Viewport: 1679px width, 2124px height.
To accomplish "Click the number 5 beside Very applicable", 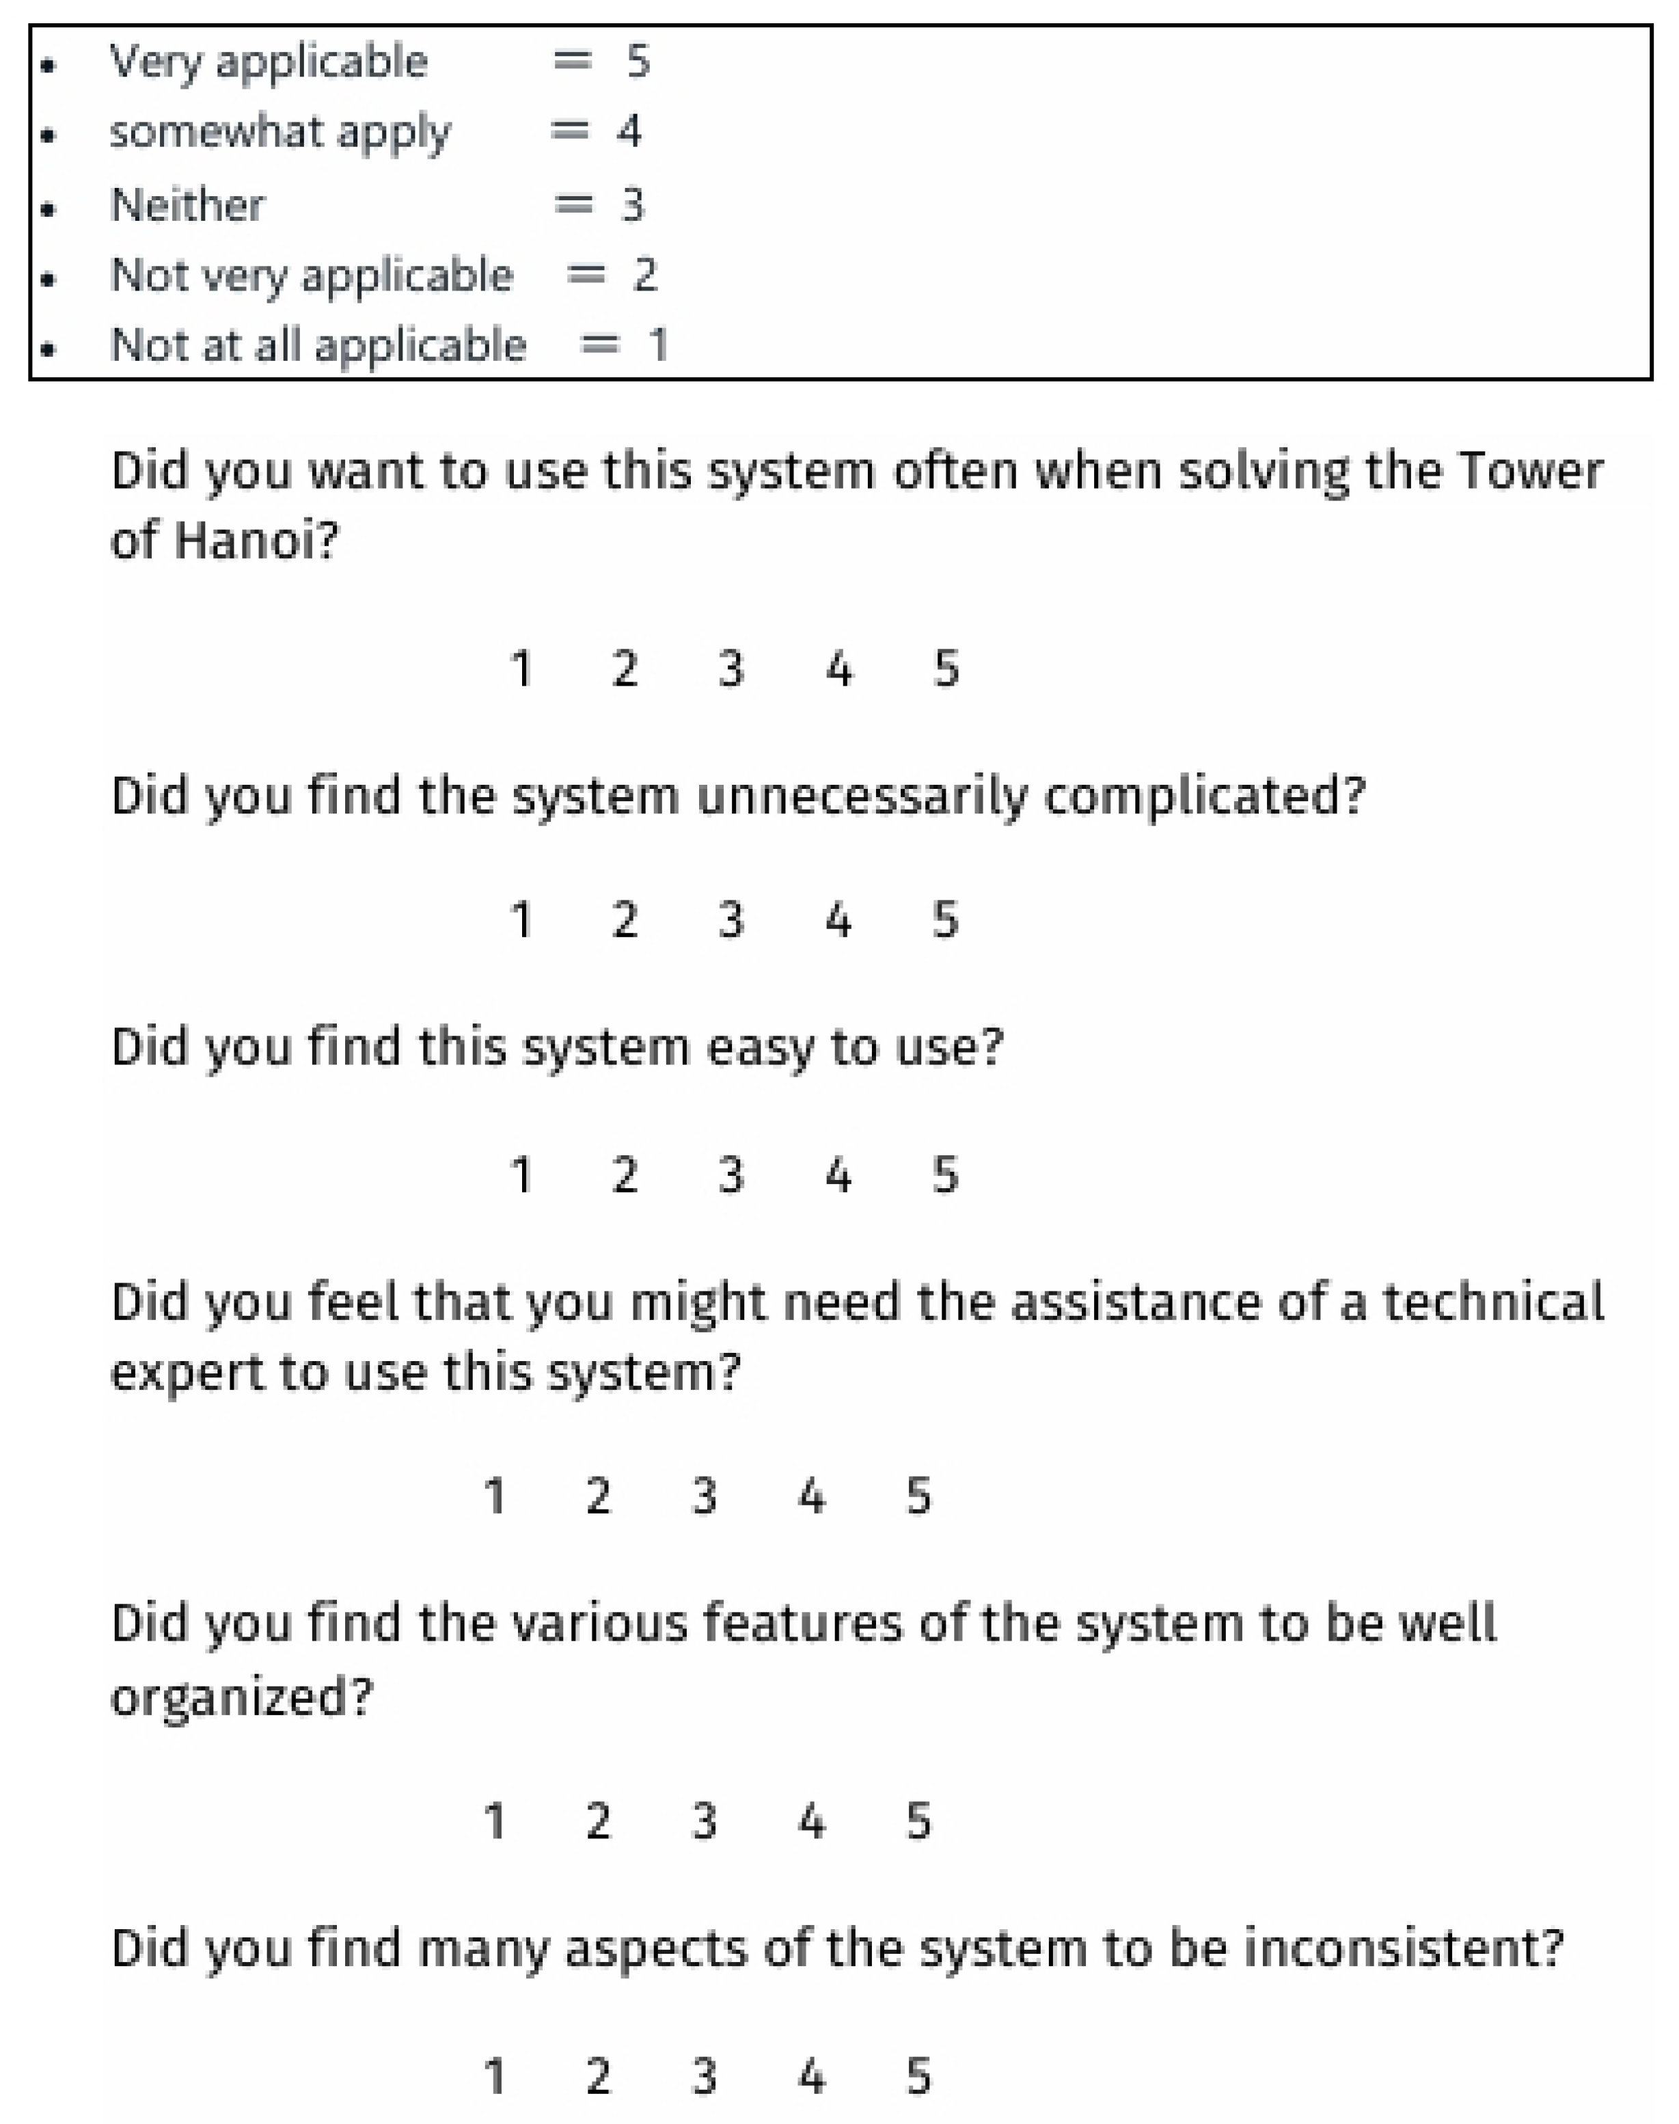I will coord(638,61).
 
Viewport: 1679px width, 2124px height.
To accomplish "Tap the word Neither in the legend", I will coord(187,204).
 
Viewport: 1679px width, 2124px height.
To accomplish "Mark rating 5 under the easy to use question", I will coord(944,1174).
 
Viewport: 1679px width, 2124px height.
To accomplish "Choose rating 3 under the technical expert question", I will coord(704,1496).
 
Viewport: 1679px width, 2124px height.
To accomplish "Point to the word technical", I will coord(1493,1302).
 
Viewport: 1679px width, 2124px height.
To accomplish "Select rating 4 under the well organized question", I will coord(811,1820).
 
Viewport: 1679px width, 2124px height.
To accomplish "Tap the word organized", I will coord(241,1696).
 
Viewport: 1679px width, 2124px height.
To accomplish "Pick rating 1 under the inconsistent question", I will coord(495,2077).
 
